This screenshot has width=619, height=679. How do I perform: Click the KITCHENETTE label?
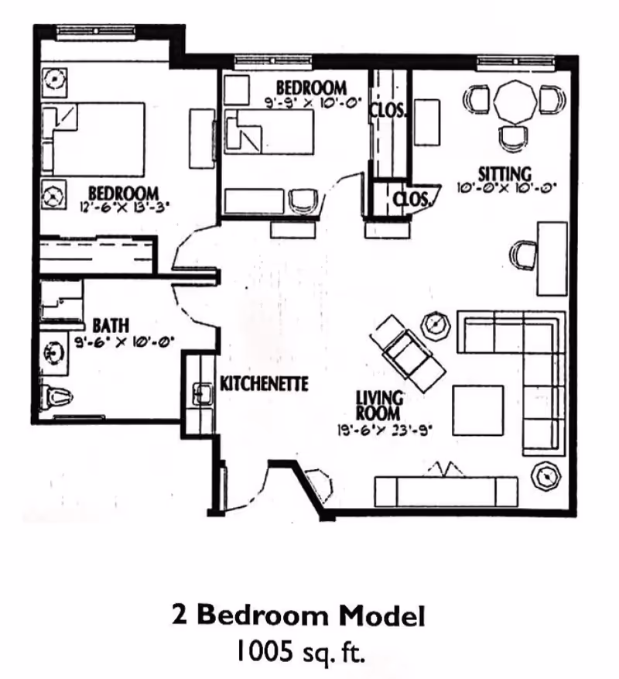point(265,383)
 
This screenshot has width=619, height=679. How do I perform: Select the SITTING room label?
point(504,173)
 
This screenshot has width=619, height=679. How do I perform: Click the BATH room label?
point(111,324)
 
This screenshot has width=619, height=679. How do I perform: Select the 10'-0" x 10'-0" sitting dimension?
point(507,187)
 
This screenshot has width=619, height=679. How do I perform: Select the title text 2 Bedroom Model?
point(299,616)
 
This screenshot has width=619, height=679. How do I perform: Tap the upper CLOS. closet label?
point(387,111)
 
